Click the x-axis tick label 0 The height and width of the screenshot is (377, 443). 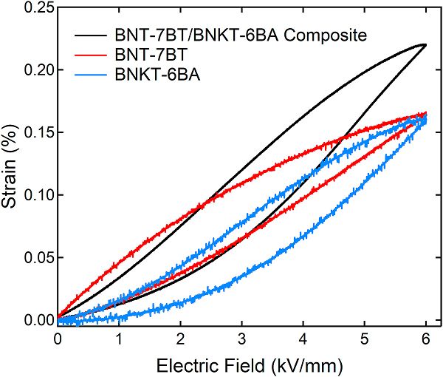(x=57, y=338)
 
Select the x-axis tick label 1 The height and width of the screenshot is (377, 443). (x=119, y=338)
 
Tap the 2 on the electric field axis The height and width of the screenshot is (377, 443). (x=180, y=338)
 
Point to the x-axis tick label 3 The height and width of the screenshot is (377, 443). (x=241, y=338)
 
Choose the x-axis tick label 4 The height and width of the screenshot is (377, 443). (x=303, y=338)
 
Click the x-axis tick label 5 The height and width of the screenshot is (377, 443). (x=364, y=338)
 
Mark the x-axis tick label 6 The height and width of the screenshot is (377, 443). (x=426, y=338)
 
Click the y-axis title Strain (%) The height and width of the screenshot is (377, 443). (x=11, y=164)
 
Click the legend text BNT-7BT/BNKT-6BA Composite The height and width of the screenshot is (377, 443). (x=230, y=35)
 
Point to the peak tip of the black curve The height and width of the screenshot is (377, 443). (x=425, y=45)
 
